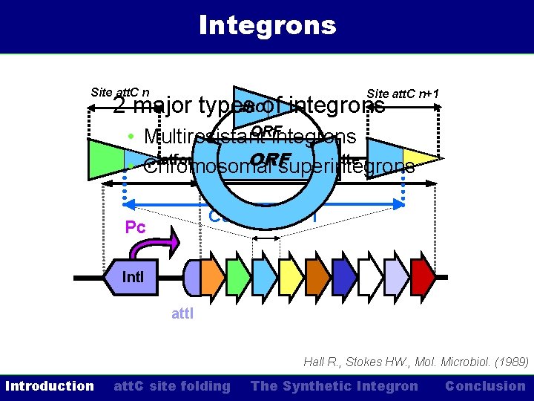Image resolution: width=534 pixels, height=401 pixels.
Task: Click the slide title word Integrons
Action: (x=267, y=25)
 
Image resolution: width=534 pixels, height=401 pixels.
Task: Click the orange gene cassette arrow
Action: (x=212, y=277)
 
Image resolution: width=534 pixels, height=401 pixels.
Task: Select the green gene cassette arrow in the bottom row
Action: (x=238, y=277)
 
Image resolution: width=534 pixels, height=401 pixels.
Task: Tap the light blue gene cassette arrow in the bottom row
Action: (x=265, y=277)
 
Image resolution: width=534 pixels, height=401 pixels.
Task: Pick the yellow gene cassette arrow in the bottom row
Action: (x=291, y=277)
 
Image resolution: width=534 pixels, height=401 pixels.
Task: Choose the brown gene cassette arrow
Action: (x=317, y=277)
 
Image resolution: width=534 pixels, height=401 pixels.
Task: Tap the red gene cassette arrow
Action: (x=423, y=277)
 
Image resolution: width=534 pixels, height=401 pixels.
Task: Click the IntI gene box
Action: (x=133, y=278)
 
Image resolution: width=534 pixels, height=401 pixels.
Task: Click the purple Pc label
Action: (x=135, y=227)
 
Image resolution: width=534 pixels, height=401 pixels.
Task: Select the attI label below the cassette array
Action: (x=182, y=313)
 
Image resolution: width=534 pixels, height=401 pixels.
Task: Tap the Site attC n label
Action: (x=119, y=92)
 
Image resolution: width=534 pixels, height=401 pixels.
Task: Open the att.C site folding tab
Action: (x=171, y=386)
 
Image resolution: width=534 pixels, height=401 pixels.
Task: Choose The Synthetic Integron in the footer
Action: (x=334, y=386)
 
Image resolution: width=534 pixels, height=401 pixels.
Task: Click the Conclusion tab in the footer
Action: (x=485, y=386)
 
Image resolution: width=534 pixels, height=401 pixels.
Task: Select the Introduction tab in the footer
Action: (x=50, y=386)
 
